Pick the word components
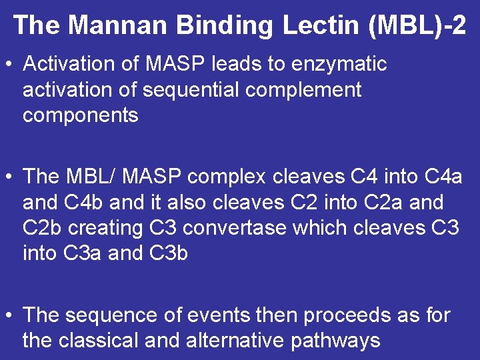tap(80, 115)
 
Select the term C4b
tap(89, 202)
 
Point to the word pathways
tap(335, 341)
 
